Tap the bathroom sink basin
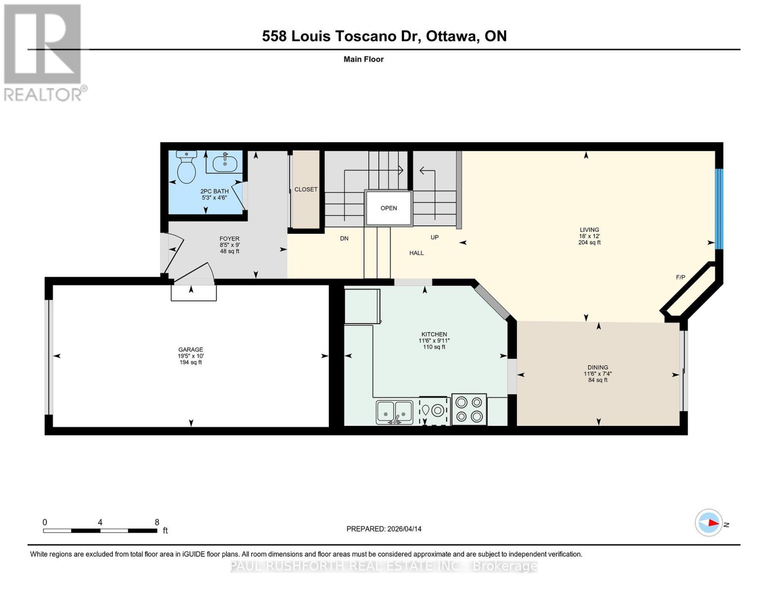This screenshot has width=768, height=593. pos(225,163)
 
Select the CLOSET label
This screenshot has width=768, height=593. pos(306,189)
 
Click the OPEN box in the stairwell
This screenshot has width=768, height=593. pos(389,208)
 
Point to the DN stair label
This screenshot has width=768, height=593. pos(344,238)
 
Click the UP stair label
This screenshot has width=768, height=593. pos(434,237)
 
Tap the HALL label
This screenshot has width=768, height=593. pos(416,253)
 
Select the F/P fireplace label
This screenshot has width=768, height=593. pos(680,277)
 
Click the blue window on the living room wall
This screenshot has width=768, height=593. pos(719,209)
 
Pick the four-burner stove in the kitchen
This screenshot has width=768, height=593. pos(469,409)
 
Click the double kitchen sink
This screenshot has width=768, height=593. pos(394,412)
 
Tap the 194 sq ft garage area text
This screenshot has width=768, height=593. pos(190,362)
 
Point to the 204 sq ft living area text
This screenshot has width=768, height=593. pos(589,243)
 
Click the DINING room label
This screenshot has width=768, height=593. pos(597,367)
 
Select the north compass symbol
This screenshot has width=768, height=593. pos(709,523)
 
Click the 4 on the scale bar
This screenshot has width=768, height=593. pos(100,522)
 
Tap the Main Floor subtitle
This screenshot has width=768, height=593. pos(363,59)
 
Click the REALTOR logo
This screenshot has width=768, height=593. pos(44,52)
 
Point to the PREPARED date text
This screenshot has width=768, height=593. pos(384,529)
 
